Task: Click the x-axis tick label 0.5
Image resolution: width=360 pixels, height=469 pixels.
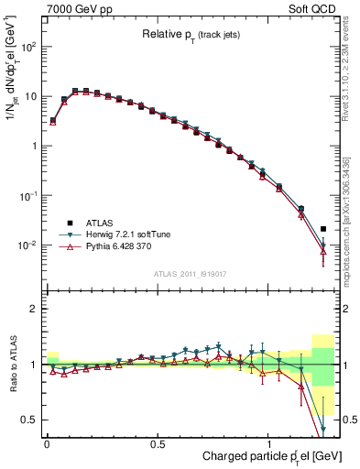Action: point(158,443)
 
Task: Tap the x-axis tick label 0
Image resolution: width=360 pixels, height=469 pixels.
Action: point(48,443)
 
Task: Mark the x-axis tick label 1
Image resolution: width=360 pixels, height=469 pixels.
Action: point(267,443)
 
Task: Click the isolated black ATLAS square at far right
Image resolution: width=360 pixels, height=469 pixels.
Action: point(323,229)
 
